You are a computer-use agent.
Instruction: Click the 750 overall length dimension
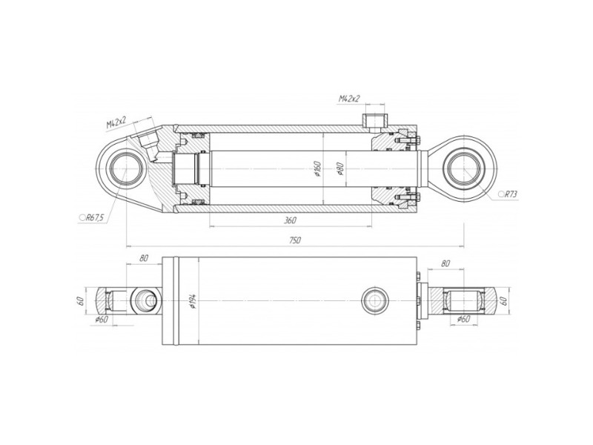pos(295,240)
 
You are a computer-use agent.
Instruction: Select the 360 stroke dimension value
pos(290,220)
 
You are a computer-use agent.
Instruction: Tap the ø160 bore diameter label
pos(317,168)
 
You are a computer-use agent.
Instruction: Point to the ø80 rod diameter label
pos(339,169)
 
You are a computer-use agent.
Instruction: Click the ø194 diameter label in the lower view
pos(193,301)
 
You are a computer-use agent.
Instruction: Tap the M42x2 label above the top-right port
pos(349,99)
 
